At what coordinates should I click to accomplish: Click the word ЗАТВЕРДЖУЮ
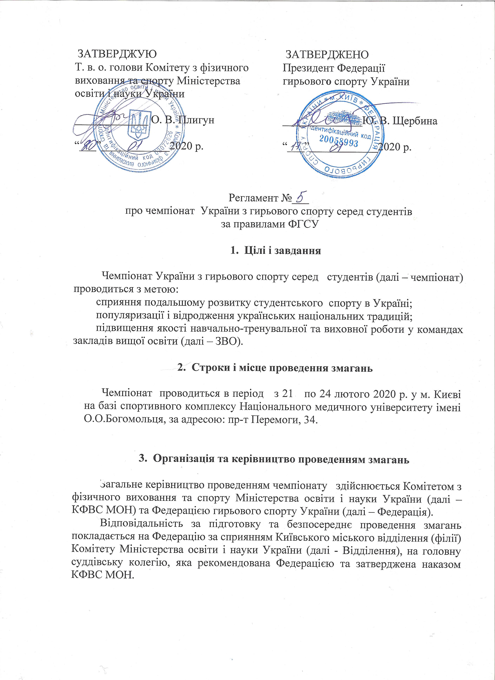point(117,54)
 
